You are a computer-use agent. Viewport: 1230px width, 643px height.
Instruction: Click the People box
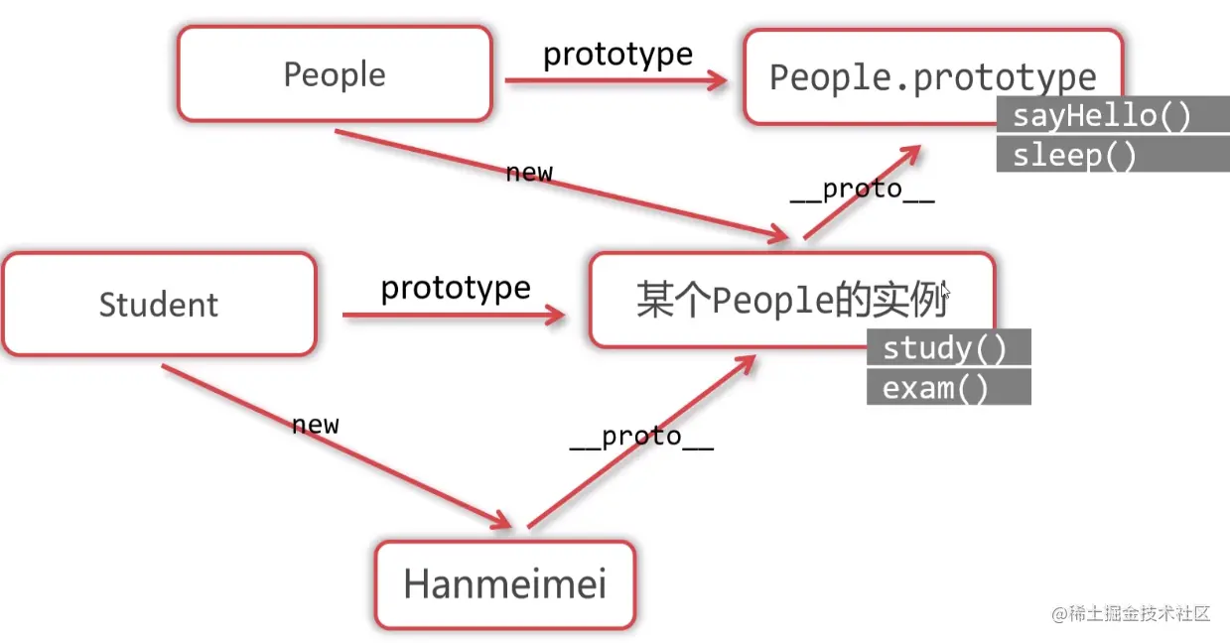point(335,74)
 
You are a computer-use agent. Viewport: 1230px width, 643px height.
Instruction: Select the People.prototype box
point(933,76)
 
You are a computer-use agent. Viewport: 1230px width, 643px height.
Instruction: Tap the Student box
point(159,304)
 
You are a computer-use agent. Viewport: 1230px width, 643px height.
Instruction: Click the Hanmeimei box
point(504,583)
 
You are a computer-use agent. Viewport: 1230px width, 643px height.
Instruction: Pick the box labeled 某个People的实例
point(791,300)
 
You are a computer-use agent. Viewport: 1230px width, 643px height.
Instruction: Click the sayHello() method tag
point(1102,116)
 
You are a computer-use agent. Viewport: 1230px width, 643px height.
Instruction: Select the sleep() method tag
point(1075,156)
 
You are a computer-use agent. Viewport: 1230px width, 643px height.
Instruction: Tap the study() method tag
point(945,348)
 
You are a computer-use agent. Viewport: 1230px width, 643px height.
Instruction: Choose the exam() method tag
point(936,388)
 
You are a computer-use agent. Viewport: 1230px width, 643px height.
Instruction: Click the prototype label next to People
point(617,54)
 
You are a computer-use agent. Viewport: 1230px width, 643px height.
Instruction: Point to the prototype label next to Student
point(456,288)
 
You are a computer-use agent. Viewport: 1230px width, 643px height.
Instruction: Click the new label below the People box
point(529,172)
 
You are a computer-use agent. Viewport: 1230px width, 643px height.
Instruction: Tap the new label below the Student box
point(316,425)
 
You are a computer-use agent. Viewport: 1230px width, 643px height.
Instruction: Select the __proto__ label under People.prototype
point(862,190)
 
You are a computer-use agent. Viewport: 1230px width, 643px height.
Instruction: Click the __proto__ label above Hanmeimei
point(641,437)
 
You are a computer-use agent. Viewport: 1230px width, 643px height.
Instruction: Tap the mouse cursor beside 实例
point(945,291)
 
